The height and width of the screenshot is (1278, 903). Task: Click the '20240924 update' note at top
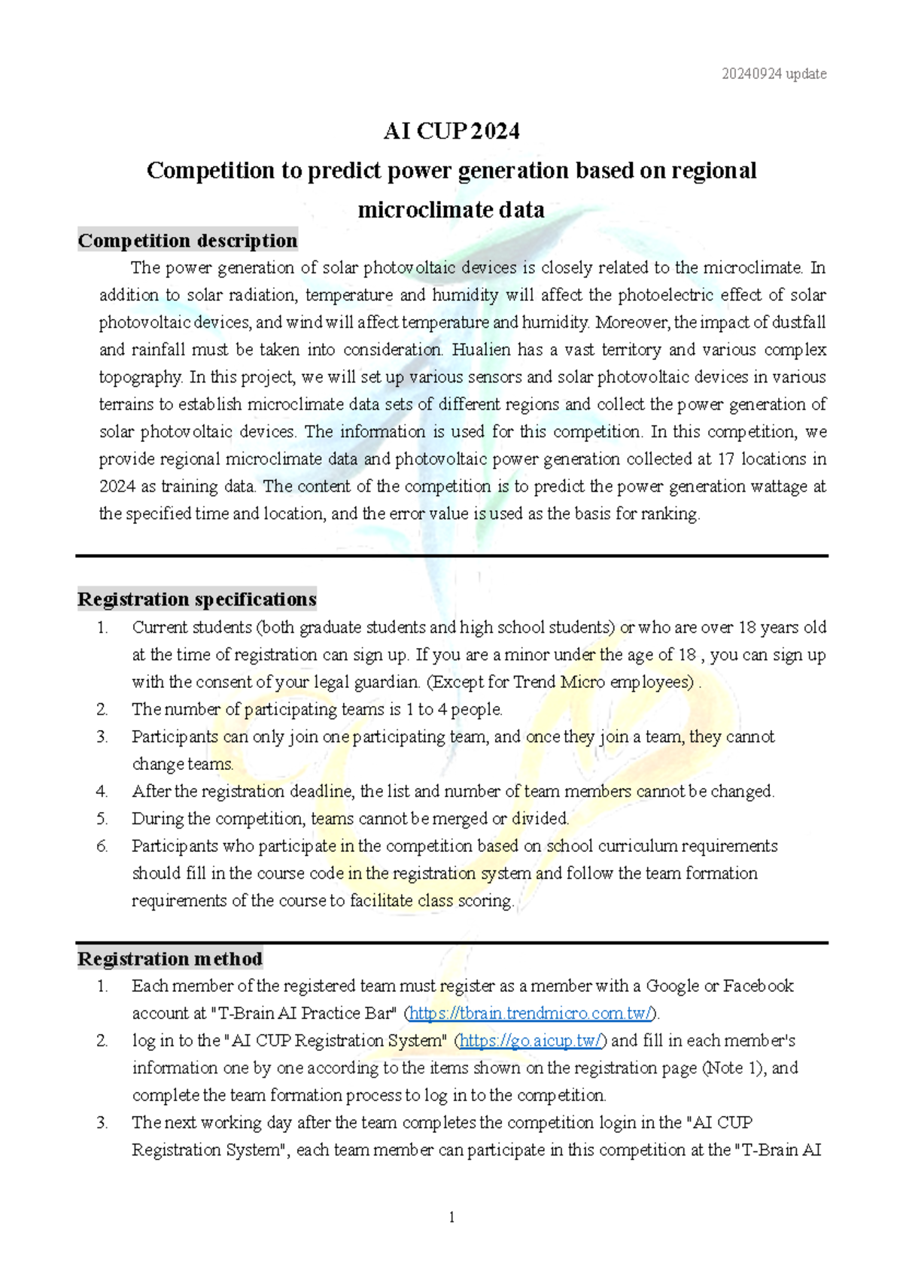pos(774,74)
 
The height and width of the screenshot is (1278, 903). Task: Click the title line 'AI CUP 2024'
pos(451,131)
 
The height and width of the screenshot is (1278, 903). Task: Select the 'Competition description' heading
pos(187,240)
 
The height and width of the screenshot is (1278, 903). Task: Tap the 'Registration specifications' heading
pos(196,599)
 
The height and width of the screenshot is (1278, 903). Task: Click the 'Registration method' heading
pos(170,959)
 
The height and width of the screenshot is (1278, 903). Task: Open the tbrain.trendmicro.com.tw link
pos(531,1013)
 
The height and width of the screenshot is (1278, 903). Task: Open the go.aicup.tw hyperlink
pos(531,1040)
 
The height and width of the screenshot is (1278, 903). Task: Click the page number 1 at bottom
pos(451,1217)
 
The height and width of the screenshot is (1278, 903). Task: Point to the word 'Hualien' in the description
pos(484,349)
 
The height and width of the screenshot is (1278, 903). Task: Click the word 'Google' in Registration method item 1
pos(672,986)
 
